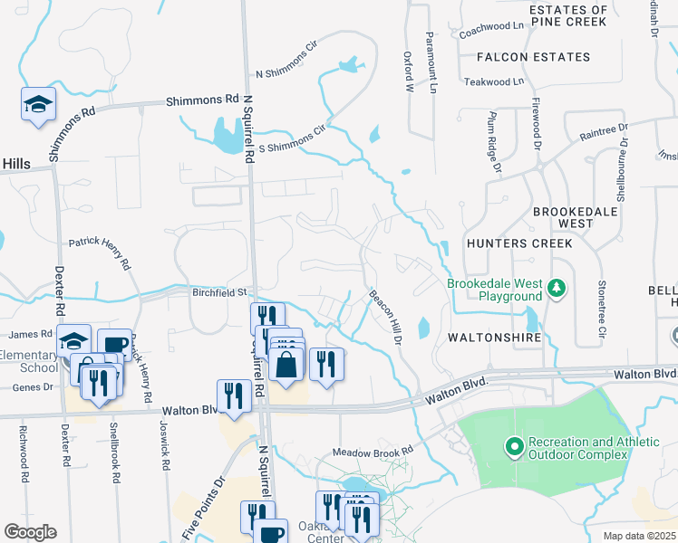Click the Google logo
point(29,532)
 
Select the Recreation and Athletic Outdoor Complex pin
point(514,446)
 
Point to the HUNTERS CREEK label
point(519,243)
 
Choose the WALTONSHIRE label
point(494,337)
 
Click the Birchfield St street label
point(219,292)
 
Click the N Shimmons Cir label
point(287,60)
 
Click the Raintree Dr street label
point(604,131)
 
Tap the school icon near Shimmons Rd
point(39,104)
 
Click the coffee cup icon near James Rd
point(114,344)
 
